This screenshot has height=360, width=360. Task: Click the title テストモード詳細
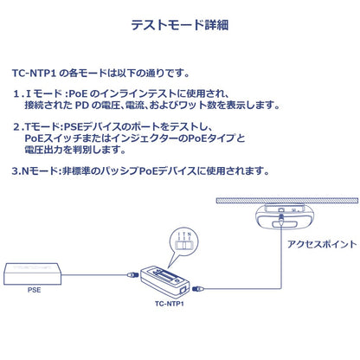click(180, 25)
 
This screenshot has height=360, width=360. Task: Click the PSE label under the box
click(34, 290)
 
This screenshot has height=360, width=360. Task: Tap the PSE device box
click(32, 273)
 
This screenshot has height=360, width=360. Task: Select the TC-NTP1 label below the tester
click(170, 304)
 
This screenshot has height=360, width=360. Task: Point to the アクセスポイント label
click(322, 244)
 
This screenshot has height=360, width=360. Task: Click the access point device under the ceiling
click(284, 216)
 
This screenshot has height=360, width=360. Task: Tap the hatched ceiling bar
click(287, 201)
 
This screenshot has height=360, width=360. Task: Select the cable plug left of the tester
click(133, 274)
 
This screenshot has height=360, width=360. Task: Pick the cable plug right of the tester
click(198, 288)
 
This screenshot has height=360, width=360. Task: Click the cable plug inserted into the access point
click(281, 220)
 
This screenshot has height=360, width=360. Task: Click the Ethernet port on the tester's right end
click(183, 290)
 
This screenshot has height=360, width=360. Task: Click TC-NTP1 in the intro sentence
click(34, 73)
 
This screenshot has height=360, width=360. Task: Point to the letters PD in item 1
click(81, 106)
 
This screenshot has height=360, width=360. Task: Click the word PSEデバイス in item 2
click(88, 127)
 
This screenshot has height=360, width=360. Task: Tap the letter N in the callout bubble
click(189, 235)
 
